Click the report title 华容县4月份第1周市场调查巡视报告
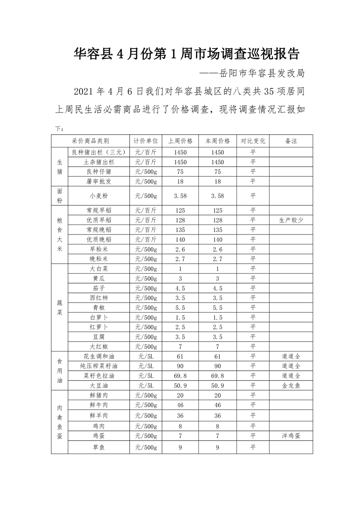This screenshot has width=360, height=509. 187,54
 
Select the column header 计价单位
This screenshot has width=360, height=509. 146,141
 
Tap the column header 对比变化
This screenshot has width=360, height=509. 252,141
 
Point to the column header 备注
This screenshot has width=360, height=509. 291,141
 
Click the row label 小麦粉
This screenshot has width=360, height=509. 99,196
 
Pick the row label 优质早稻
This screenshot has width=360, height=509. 99,220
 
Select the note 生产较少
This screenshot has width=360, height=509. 291,220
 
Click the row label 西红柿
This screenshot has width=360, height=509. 99,298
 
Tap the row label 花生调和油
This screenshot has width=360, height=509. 99,356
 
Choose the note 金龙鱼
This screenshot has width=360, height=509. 291,385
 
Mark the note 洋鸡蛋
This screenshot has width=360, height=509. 291,436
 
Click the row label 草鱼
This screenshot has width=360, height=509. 99,447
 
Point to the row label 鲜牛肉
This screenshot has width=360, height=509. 99,405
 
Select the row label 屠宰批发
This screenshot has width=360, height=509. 99,181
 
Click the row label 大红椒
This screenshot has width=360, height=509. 99,347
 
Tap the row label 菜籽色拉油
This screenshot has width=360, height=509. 99,376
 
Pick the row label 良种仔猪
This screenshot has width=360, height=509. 99,171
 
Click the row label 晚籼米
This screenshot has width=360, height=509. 99,259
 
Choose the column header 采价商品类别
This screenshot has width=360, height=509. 90,141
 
